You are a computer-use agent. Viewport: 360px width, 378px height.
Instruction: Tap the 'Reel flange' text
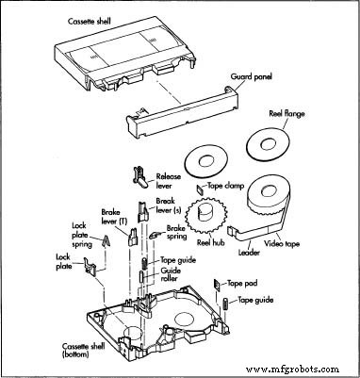click(x=293, y=114)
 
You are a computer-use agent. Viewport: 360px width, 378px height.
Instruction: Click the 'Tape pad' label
click(x=241, y=283)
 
